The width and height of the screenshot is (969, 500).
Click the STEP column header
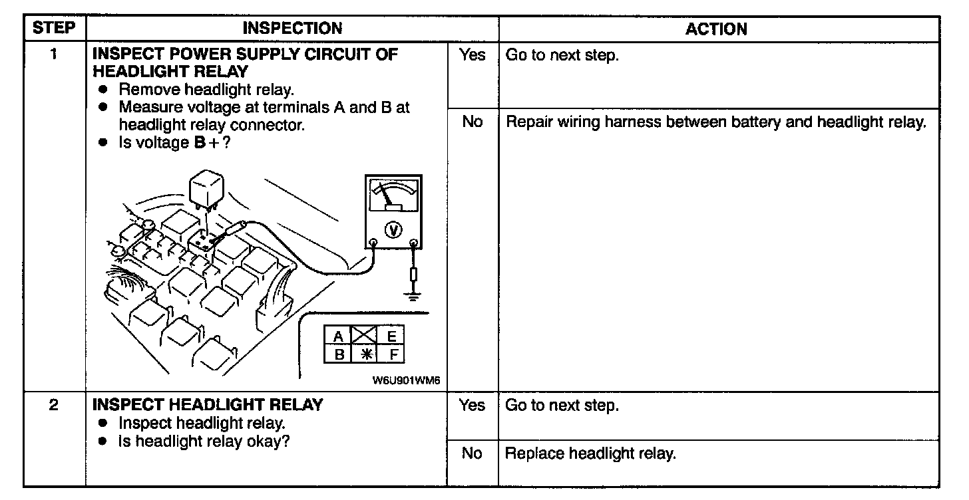55,28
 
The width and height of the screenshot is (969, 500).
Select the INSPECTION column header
292,28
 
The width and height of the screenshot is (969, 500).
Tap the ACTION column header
716,29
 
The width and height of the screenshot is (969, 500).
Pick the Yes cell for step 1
472,55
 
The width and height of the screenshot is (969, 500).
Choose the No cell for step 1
472,122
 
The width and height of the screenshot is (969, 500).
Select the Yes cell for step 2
472,405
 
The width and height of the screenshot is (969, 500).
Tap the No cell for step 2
472,453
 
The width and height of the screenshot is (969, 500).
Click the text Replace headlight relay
590,454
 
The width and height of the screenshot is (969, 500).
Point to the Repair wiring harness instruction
716,122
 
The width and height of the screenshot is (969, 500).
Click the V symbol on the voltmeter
394,230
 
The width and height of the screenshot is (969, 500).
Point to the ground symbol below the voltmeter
414,294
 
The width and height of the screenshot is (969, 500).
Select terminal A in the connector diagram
339,336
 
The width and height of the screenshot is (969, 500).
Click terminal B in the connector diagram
339,354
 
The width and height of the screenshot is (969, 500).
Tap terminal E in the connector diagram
392,336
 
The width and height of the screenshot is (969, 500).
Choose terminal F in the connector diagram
393,354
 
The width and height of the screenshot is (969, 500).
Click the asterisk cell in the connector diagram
365,354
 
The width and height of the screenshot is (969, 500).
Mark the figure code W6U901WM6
405,381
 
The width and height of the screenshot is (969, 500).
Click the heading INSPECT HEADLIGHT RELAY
208,405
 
